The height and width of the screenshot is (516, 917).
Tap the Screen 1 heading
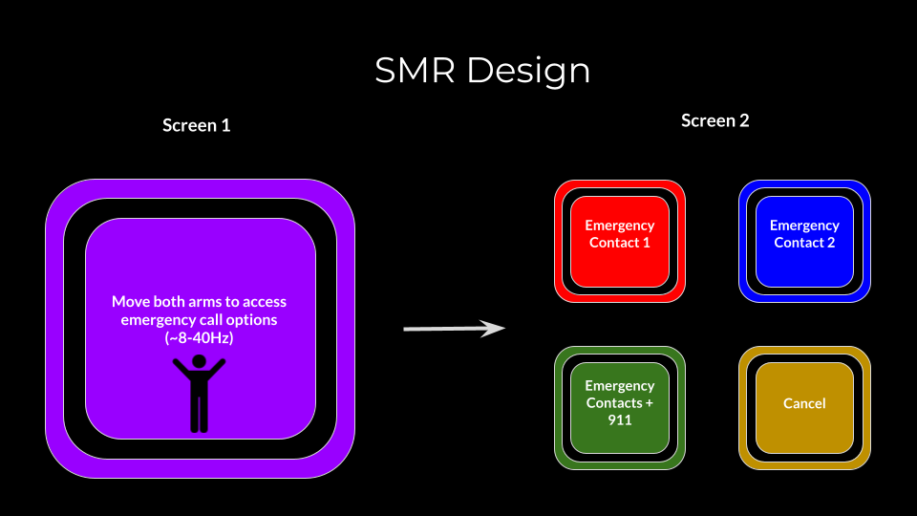[196, 125]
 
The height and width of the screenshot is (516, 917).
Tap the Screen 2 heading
[714, 121]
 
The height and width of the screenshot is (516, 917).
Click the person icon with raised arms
[199, 393]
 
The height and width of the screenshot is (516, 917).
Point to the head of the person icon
[199, 361]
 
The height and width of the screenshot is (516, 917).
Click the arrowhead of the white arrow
[494, 329]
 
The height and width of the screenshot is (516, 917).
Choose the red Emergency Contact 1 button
[620, 241]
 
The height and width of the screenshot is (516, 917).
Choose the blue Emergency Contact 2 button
[804, 241]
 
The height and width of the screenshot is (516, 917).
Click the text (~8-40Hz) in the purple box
[199, 338]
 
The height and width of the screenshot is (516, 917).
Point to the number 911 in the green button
[620, 420]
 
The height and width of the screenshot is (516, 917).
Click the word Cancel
[804, 403]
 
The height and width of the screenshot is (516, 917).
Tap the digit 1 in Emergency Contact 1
[647, 243]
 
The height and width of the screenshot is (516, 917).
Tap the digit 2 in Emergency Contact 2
[831, 243]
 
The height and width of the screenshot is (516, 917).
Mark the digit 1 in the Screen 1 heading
[225, 125]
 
